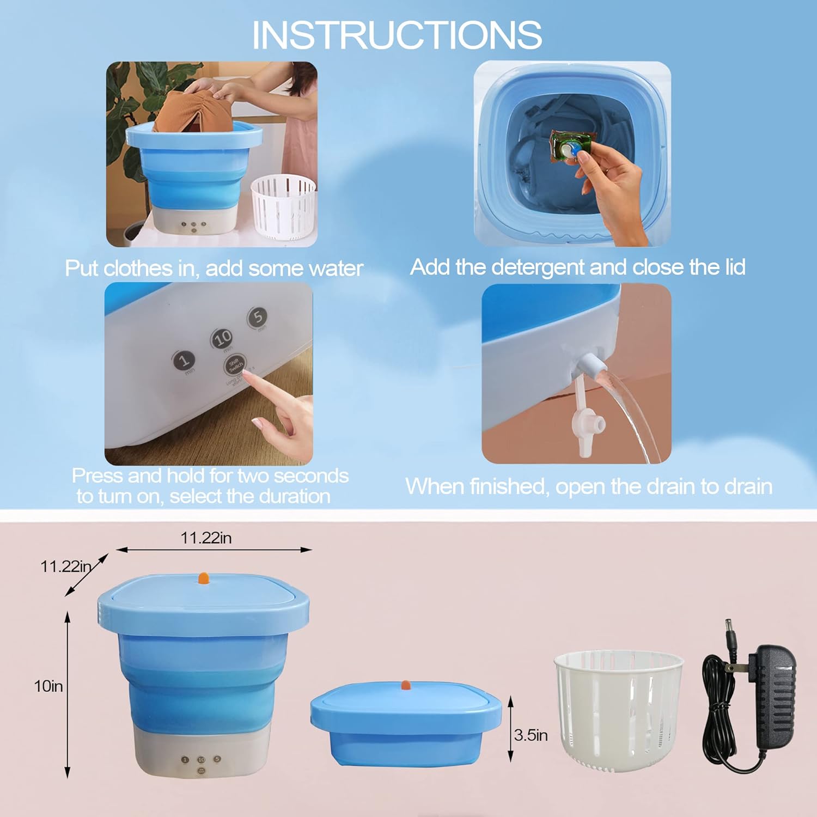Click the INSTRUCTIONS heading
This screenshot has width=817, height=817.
click(397, 35)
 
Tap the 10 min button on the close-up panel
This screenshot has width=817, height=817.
click(222, 339)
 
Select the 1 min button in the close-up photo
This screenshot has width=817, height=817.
click(184, 361)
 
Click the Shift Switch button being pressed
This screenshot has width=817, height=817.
click(235, 364)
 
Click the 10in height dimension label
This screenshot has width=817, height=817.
click(48, 686)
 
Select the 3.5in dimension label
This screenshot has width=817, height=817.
click(531, 735)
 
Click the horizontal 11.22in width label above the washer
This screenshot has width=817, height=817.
click(206, 538)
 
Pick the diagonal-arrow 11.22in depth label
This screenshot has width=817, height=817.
click(65, 566)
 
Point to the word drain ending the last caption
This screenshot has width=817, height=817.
click(747, 486)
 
